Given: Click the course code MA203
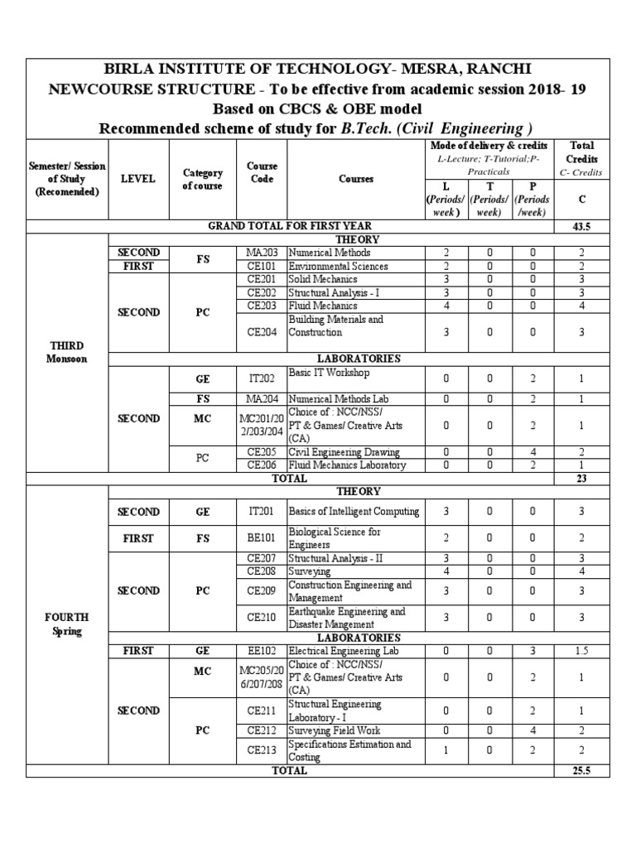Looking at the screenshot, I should click(x=261, y=253).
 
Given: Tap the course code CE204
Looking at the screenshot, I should click(x=261, y=332).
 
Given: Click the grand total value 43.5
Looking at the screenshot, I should click(x=581, y=225).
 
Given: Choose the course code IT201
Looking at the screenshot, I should click(x=261, y=512).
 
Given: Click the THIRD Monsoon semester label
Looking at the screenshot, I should click(x=67, y=352).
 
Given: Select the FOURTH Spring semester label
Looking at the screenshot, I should click(x=67, y=624).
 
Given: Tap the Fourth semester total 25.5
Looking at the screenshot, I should click(x=581, y=770).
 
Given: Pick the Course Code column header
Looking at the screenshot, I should click(x=261, y=172).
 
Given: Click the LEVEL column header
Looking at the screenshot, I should click(x=137, y=179).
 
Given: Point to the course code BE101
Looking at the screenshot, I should click(x=261, y=538).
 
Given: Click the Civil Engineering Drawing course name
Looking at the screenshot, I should click(x=344, y=452).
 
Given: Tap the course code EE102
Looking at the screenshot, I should click(x=261, y=651).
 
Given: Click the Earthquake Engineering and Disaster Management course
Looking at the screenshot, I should click(x=346, y=618).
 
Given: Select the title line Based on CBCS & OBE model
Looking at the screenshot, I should click(x=317, y=110).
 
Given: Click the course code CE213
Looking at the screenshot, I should click(x=261, y=750).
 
